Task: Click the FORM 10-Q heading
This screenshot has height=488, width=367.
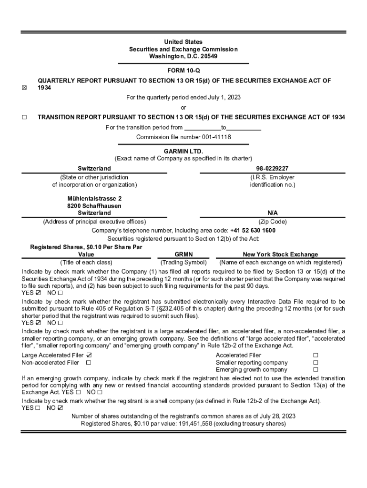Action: [183, 71]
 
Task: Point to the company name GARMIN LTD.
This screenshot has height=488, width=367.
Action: [183, 151]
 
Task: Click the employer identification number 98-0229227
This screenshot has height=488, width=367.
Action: [272, 168]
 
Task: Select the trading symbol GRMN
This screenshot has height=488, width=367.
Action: [183, 254]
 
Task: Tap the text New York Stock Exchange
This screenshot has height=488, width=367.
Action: [280, 254]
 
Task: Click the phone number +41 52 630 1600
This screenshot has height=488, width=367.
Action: [253, 231]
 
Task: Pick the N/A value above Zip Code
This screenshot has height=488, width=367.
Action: [273, 213]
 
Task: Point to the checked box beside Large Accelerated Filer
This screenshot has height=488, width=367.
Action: [89, 355]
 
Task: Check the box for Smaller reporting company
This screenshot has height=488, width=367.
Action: [316, 363]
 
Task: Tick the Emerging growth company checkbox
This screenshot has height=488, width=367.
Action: [316, 370]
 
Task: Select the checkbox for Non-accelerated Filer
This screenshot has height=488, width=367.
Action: [89, 363]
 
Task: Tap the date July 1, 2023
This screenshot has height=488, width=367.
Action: [224, 97]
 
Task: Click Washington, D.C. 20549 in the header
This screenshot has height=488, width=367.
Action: [183, 56]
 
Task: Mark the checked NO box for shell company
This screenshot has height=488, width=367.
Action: [60, 408]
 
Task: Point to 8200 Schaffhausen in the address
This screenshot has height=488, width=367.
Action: [94, 205]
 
